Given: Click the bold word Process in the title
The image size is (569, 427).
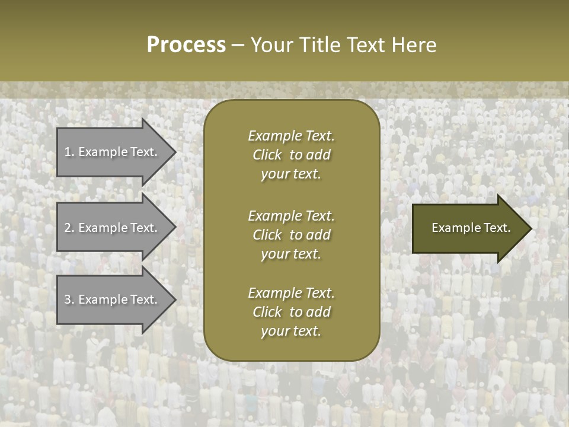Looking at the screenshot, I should (x=186, y=45).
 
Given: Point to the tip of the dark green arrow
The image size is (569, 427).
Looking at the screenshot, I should (x=530, y=228).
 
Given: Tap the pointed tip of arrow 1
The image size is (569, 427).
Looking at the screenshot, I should (x=174, y=152).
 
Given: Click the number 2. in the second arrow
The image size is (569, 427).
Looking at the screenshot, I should (x=69, y=228).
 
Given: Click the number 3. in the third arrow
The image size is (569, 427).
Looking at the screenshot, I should (x=69, y=299).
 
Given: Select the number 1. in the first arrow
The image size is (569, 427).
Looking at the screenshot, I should (x=69, y=152).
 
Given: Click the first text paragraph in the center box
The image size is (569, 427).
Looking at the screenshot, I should (x=291, y=155).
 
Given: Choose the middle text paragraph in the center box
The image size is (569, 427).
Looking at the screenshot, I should (x=291, y=235).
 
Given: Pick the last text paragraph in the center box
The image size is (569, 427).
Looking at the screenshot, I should (x=291, y=312).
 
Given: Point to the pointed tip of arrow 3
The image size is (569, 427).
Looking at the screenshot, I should (x=174, y=299).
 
